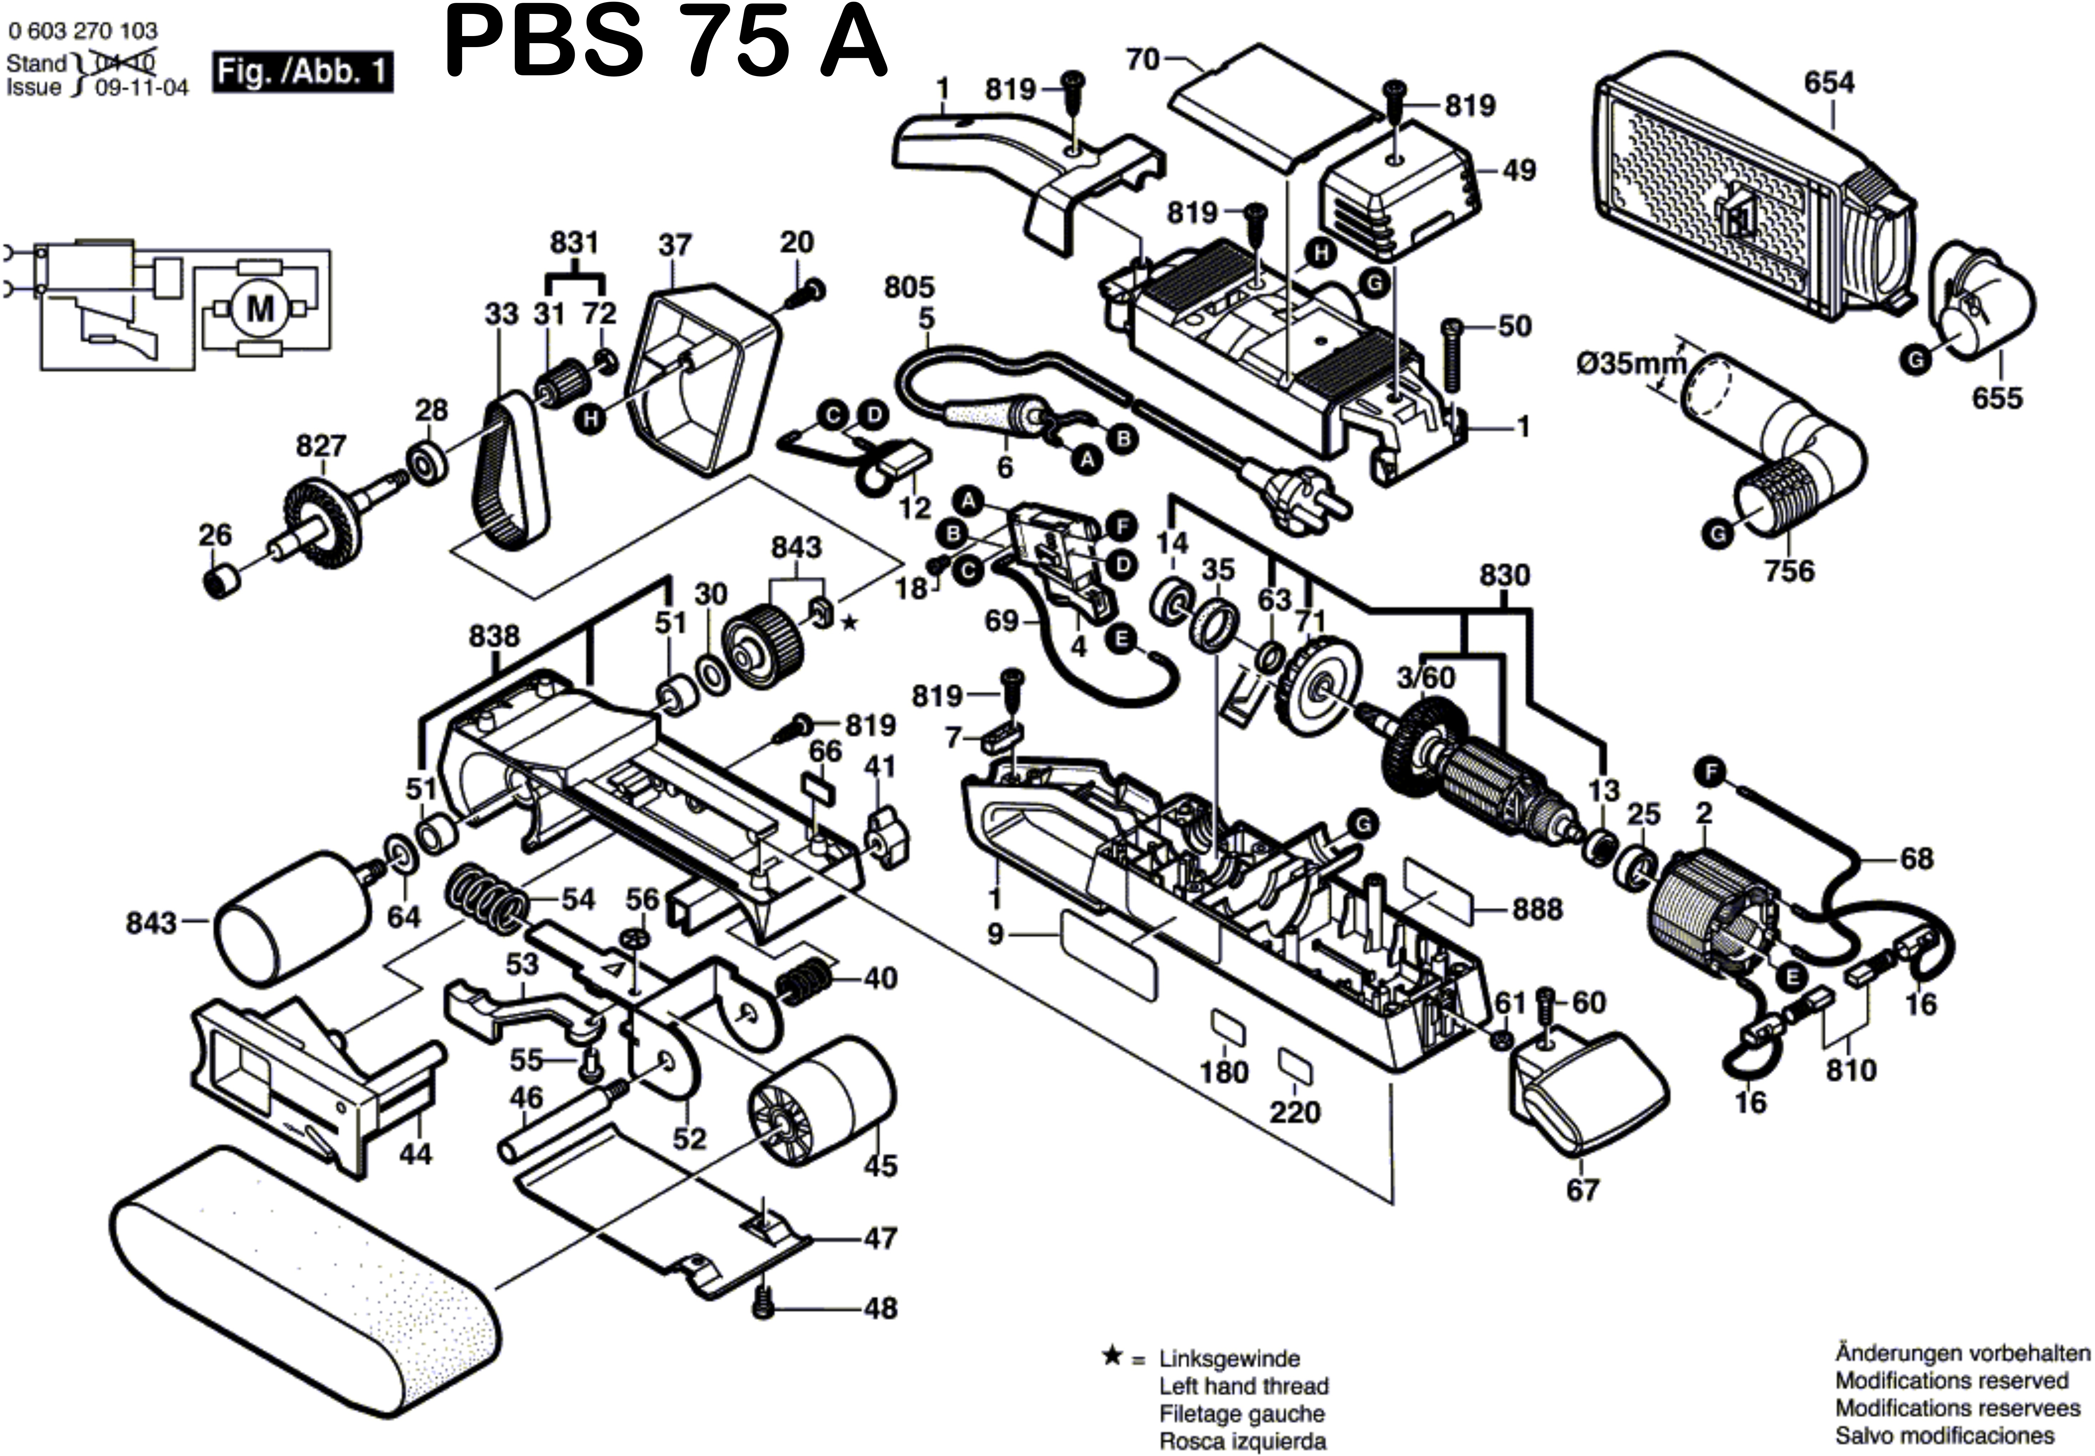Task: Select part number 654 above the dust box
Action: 1829,83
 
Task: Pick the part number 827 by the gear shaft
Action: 321,446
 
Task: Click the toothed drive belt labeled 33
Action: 511,474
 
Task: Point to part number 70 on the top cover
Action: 1142,59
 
